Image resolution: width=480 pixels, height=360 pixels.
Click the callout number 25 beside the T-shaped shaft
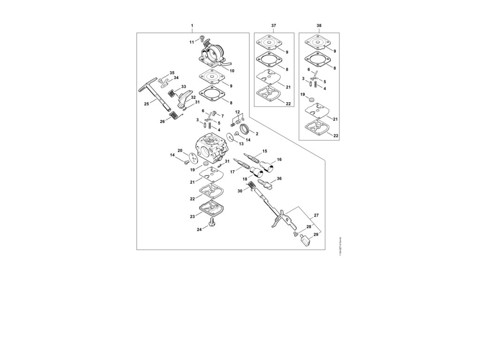point(146,103)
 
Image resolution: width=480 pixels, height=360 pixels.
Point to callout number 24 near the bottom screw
point(199,230)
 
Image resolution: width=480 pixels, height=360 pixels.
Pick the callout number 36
point(279,179)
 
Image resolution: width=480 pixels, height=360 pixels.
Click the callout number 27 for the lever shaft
point(316,215)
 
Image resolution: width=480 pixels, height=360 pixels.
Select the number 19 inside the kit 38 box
point(303,94)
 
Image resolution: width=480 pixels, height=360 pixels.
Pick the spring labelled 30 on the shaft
point(252,187)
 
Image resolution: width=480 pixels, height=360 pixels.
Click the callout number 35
point(172,73)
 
